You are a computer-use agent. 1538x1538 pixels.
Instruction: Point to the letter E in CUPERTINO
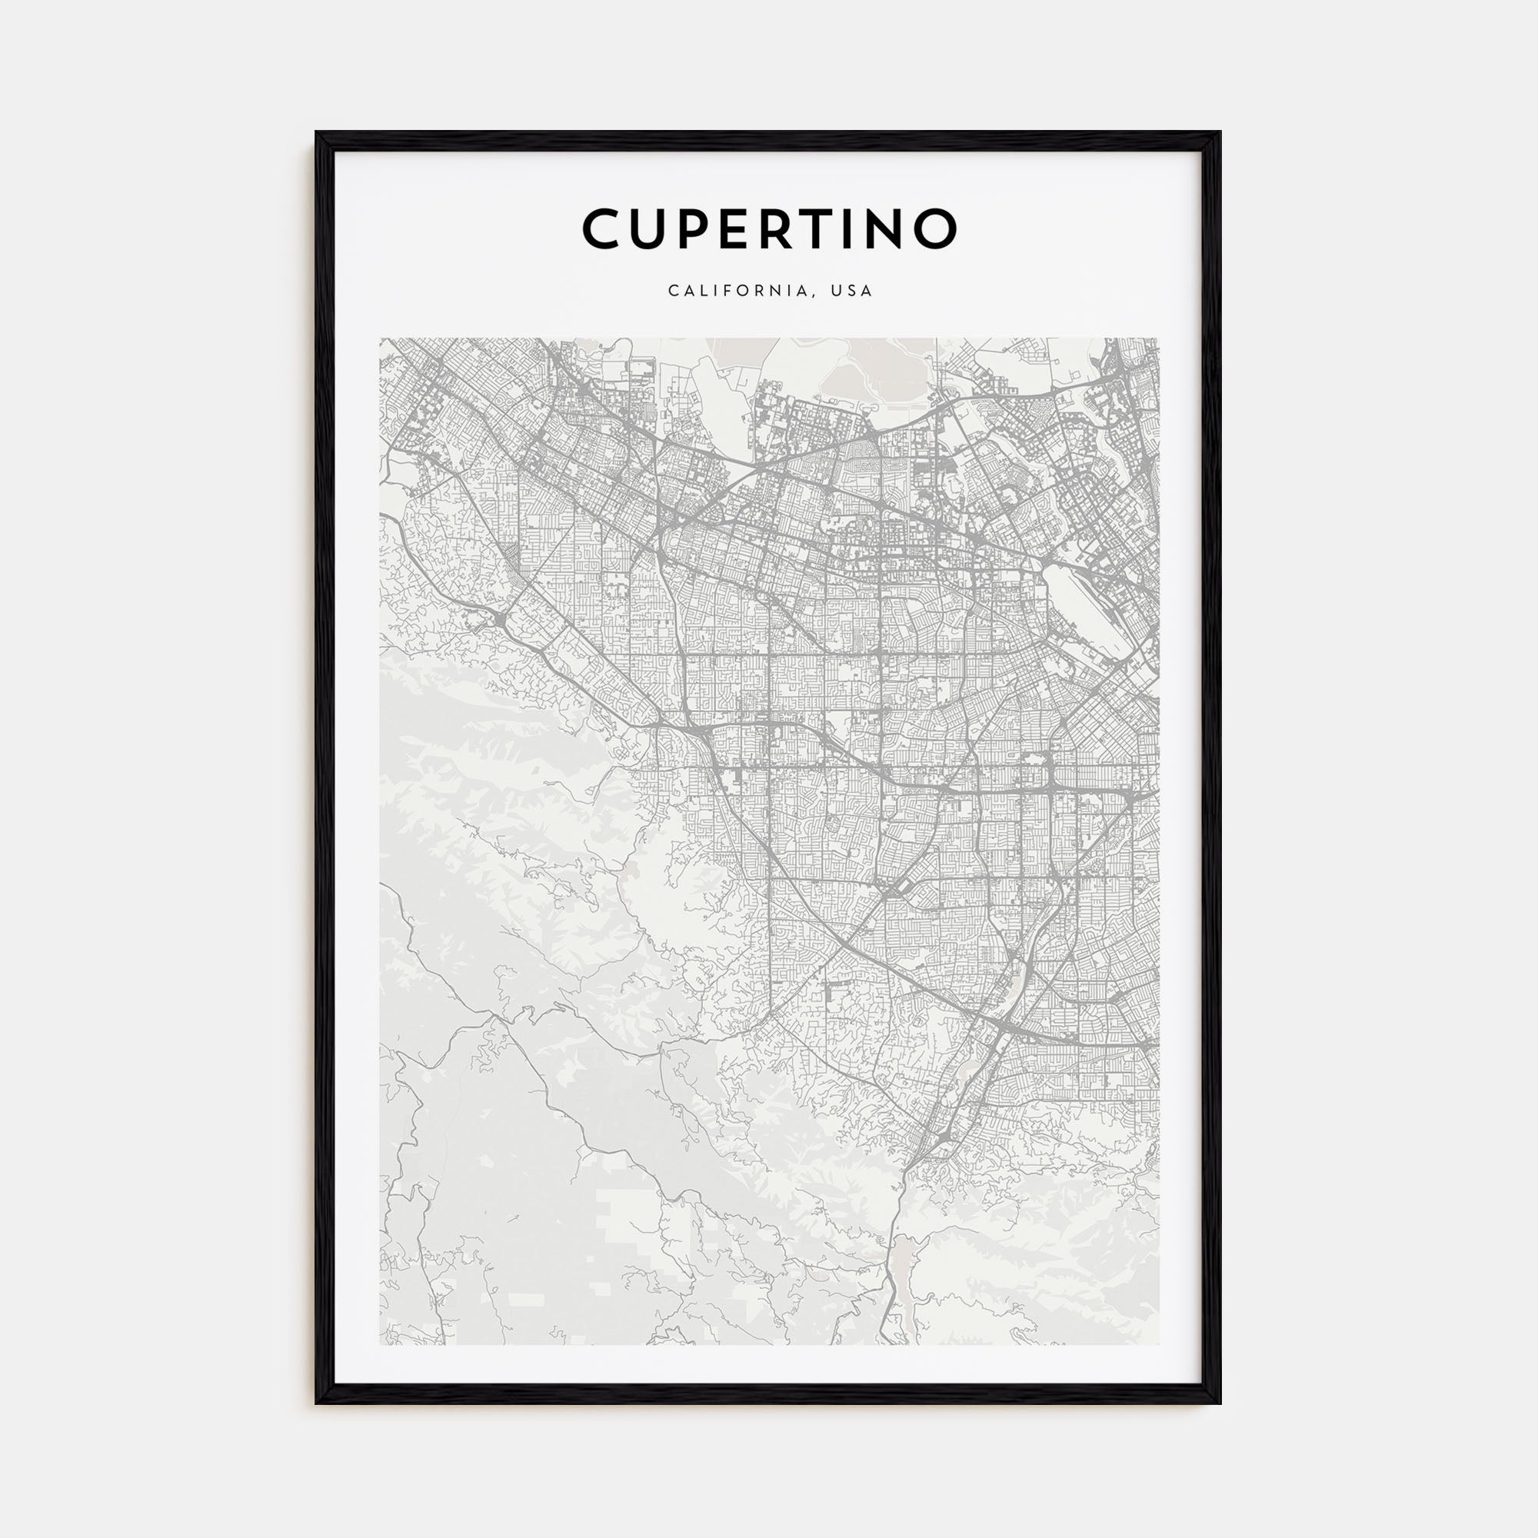point(751,228)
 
